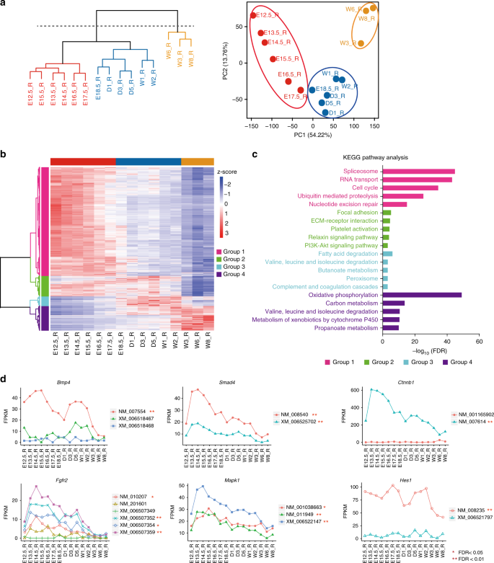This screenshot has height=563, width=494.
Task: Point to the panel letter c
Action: pyautogui.click(x=255, y=154)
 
